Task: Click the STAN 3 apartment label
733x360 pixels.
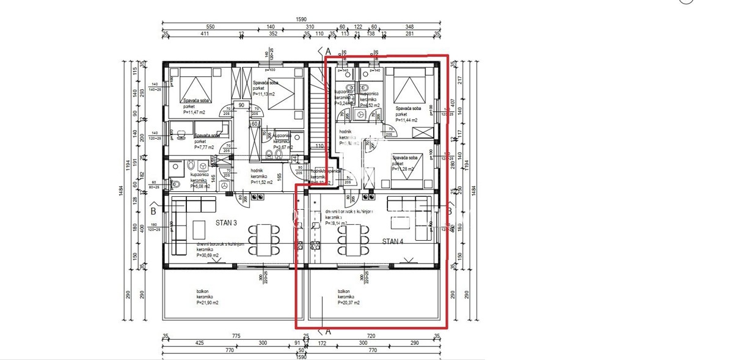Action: pyautogui.click(x=227, y=222)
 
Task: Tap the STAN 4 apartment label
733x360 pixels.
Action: pyautogui.click(x=392, y=241)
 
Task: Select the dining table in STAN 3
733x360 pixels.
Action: pyautogui.click(x=263, y=238)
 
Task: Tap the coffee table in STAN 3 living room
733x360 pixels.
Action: pyautogui.click(x=200, y=230)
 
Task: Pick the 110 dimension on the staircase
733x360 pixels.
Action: pyautogui.click(x=319, y=146)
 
